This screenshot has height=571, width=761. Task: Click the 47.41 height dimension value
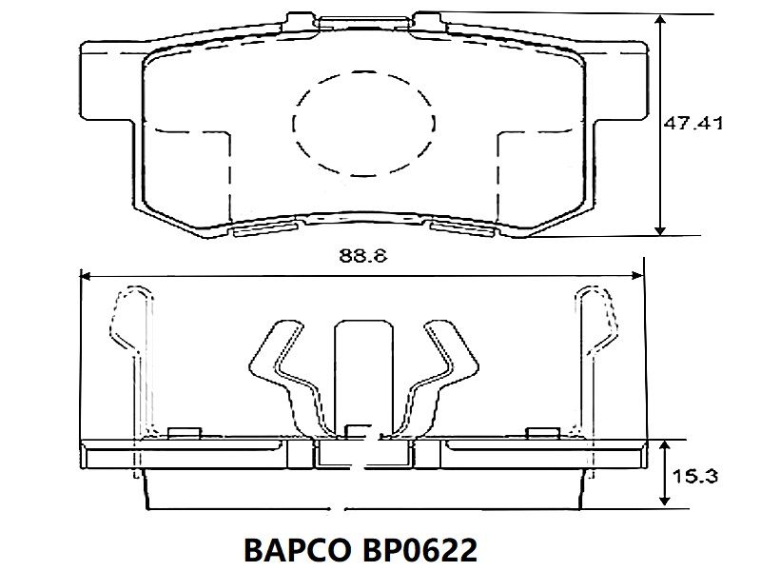click(x=693, y=124)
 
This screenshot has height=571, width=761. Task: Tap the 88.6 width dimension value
click(x=363, y=255)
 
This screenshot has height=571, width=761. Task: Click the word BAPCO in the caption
click(x=297, y=550)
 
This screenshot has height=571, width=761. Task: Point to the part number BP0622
click(x=420, y=550)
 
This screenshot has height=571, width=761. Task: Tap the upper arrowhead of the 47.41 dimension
click(x=660, y=20)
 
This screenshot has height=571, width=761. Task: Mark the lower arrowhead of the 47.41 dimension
click(x=660, y=229)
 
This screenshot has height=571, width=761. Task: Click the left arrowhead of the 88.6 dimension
click(x=87, y=276)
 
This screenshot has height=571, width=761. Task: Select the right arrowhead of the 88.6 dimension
click(x=636, y=276)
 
